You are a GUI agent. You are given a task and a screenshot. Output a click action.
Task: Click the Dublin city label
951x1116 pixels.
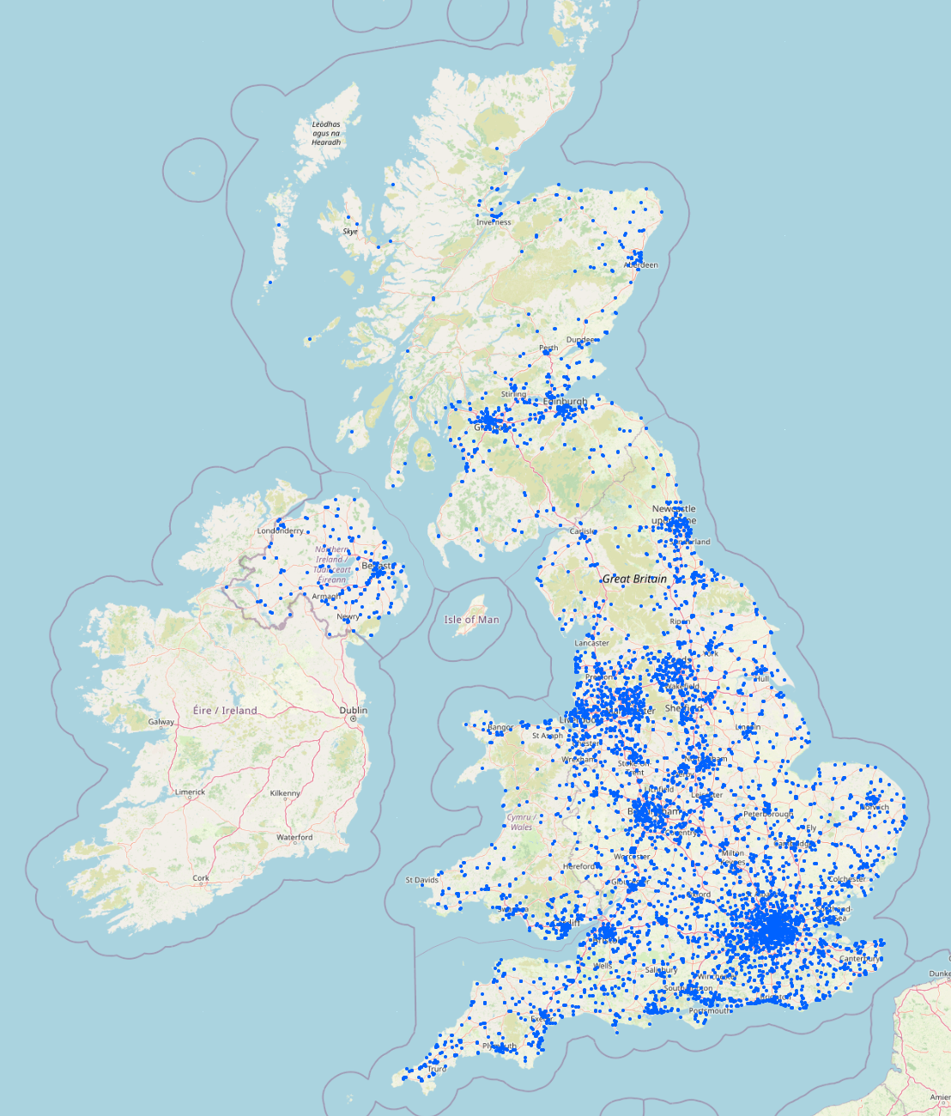[353, 710]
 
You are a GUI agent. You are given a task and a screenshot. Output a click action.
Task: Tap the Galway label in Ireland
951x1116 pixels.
[161, 722]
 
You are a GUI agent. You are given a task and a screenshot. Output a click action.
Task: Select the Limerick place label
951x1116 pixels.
[190, 792]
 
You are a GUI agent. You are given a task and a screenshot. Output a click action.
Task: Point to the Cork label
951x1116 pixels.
[201, 878]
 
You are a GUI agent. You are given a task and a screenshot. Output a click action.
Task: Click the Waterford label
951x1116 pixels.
[294, 837]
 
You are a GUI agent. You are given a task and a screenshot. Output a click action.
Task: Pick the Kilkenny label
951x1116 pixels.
[284, 793]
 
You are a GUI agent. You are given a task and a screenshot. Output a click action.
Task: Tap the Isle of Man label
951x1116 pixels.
[471, 619]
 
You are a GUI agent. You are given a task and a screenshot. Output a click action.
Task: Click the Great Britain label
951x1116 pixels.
[634, 579]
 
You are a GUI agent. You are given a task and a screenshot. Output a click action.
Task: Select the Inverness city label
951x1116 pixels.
[494, 222]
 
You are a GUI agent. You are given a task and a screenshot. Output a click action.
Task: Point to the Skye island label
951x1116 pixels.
[350, 232]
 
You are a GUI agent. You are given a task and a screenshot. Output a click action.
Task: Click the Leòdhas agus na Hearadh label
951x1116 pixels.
[326, 133]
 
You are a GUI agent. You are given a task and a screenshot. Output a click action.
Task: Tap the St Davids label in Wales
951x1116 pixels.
[421, 880]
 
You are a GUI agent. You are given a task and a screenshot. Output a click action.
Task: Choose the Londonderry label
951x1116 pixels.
[280, 531]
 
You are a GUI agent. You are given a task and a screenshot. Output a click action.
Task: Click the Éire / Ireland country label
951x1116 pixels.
[225, 710]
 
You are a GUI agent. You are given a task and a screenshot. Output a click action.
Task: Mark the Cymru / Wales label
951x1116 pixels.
[521, 822]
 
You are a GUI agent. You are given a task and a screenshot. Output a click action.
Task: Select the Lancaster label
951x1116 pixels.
[591, 643]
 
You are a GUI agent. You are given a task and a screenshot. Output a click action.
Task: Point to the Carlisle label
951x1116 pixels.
[583, 531]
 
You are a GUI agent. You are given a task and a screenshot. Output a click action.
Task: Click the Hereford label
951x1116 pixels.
[578, 866]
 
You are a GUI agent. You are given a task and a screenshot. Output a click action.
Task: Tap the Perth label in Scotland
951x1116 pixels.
[548, 349]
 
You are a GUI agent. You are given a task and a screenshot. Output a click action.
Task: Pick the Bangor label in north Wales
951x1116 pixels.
[500, 727]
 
